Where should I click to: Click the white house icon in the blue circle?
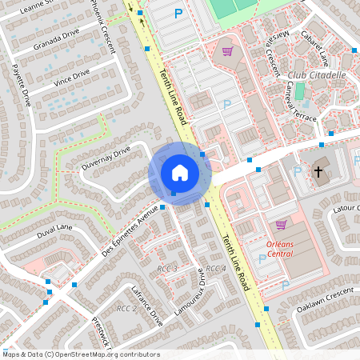tap(179, 173)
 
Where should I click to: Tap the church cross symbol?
tap(318, 172)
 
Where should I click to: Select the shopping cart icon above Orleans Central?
tap(281, 225)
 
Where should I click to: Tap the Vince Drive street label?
tap(71, 77)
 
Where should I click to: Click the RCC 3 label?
tap(167, 267)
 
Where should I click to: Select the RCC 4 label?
tap(216, 269)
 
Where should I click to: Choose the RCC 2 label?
tap(126, 308)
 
